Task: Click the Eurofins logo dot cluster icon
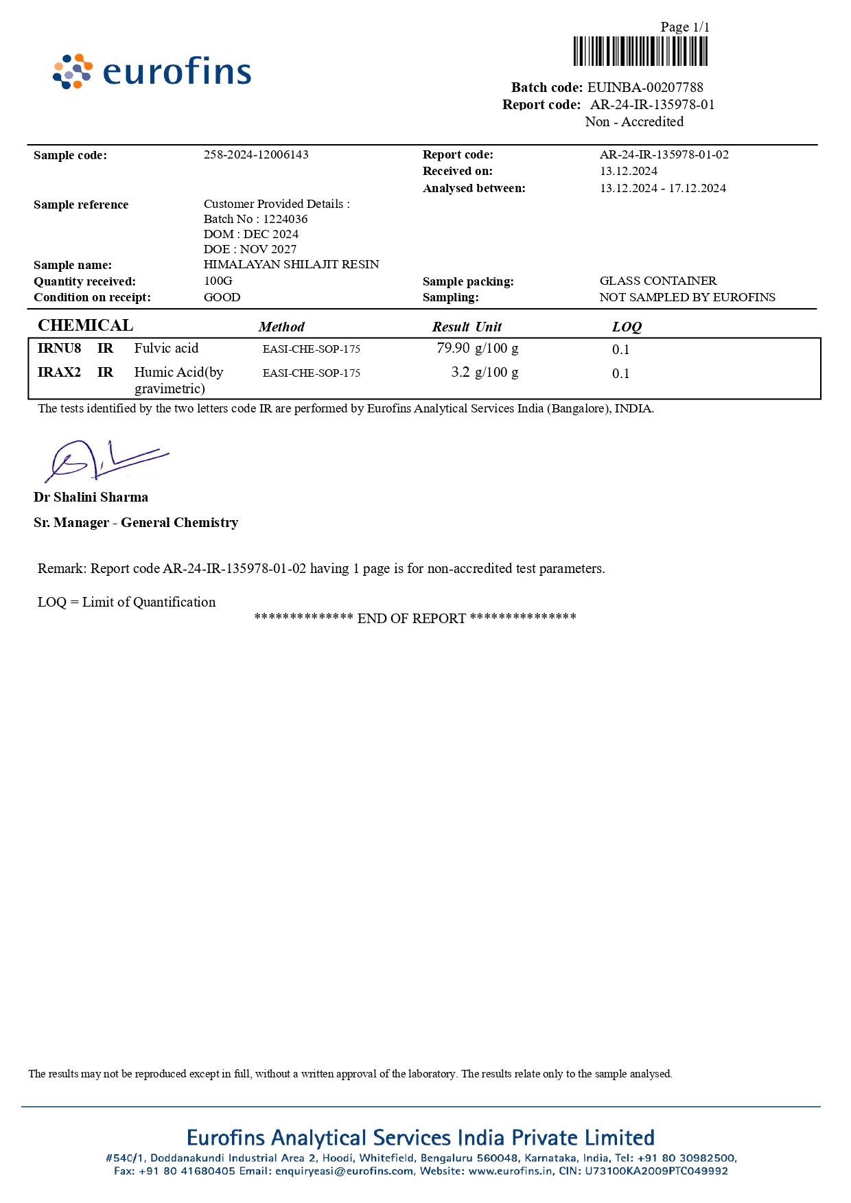click(x=73, y=71)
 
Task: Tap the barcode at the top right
click(x=640, y=51)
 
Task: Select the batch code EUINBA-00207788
click(x=645, y=87)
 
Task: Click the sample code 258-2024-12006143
click(x=256, y=154)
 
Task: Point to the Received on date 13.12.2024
click(x=629, y=171)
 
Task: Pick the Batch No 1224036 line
click(x=255, y=219)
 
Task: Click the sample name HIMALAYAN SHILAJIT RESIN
click(x=291, y=264)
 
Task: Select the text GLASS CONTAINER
click(x=657, y=281)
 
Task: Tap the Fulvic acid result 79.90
click(x=453, y=348)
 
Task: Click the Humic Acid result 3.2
click(x=461, y=372)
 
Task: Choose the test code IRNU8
click(x=59, y=348)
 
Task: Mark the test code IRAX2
click(x=59, y=372)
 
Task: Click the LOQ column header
click(x=627, y=327)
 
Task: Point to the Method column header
click(x=281, y=327)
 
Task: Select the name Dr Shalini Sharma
click(x=91, y=497)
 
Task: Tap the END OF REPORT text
click(x=412, y=618)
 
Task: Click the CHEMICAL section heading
click(x=85, y=325)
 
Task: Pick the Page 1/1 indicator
click(x=685, y=27)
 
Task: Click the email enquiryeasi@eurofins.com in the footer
click(x=345, y=1171)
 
